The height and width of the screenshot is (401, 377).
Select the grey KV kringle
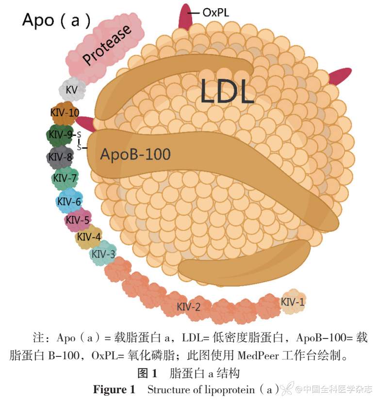72,90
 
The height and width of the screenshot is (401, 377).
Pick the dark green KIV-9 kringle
61,135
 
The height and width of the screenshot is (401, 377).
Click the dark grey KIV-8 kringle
60,157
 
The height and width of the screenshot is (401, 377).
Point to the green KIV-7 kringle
65,178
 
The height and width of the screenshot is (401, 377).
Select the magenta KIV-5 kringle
78,220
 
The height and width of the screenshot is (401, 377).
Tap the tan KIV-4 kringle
89,237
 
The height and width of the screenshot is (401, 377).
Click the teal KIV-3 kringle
103,254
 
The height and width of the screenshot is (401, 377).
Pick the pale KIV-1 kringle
294,302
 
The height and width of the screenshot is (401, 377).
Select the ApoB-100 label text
135,154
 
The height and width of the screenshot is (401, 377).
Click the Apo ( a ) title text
56,20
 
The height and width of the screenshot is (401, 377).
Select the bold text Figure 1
114,389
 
